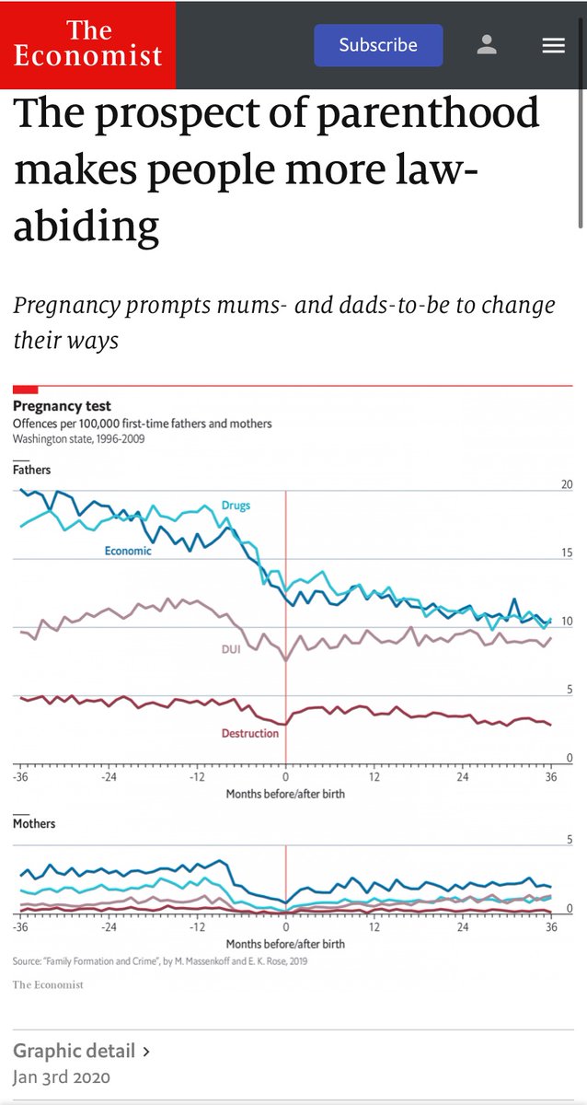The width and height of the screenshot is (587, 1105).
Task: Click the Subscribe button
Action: (x=378, y=45)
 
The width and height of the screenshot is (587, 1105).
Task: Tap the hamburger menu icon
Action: (x=553, y=45)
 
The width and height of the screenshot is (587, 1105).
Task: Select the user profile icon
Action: (x=488, y=45)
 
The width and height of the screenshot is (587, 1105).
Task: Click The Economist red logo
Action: (x=88, y=44)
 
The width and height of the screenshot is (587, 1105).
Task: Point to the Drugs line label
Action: (x=236, y=506)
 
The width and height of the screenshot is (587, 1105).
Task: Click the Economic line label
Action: (x=128, y=551)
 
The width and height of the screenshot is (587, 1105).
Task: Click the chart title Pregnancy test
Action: (x=62, y=406)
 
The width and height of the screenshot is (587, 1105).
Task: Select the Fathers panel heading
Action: (x=32, y=470)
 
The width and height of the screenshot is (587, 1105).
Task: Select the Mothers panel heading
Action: (x=34, y=823)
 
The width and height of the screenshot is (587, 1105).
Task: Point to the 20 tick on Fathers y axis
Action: (x=567, y=485)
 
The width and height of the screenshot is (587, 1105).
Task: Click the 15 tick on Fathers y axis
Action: (x=567, y=553)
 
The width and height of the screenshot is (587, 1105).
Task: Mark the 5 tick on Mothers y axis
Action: (x=570, y=839)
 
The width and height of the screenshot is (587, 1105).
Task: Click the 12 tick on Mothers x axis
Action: (x=374, y=928)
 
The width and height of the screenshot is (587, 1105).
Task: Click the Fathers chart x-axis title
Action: (x=285, y=794)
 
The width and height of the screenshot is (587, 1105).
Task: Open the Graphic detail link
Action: (x=81, y=1051)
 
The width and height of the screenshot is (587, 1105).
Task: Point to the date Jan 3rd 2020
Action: (x=62, y=1076)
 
